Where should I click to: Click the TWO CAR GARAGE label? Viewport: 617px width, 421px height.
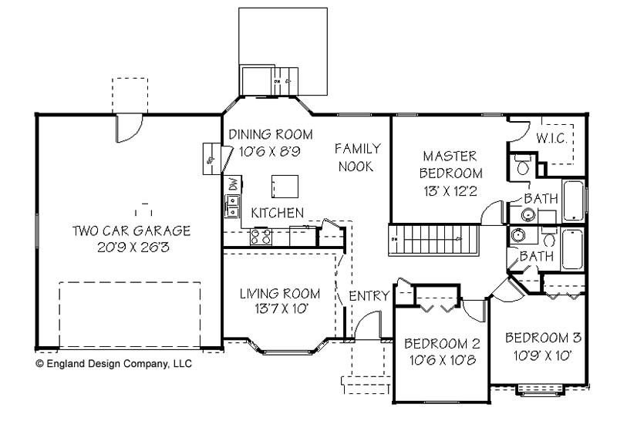131,231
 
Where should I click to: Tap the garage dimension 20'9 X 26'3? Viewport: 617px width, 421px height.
131,248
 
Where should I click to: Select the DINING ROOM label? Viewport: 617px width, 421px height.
264,134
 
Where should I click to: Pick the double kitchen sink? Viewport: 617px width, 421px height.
231,206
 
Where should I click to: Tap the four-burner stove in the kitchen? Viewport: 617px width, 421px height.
261,236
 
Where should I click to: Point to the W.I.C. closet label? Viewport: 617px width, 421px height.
552,137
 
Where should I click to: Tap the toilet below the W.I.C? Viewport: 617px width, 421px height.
521,165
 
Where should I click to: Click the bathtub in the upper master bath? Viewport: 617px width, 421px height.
574,200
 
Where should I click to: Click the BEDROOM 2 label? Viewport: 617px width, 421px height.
442,344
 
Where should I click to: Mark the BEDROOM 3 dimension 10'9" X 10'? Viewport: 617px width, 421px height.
543,356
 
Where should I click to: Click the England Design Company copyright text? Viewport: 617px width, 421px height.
113,363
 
